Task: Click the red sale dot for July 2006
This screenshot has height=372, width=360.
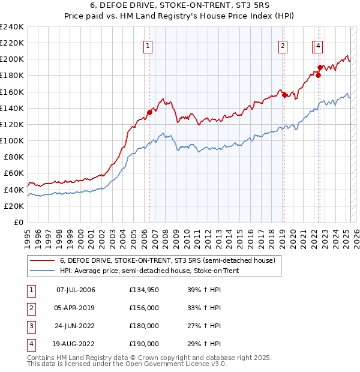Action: (149, 112)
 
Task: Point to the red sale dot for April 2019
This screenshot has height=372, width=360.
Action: (284, 95)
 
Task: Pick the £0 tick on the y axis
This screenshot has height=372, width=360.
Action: (19, 222)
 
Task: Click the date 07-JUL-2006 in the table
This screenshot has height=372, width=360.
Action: (76, 290)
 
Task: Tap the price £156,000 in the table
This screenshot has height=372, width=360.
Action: (144, 308)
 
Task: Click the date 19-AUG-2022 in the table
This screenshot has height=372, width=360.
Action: (76, 344)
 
